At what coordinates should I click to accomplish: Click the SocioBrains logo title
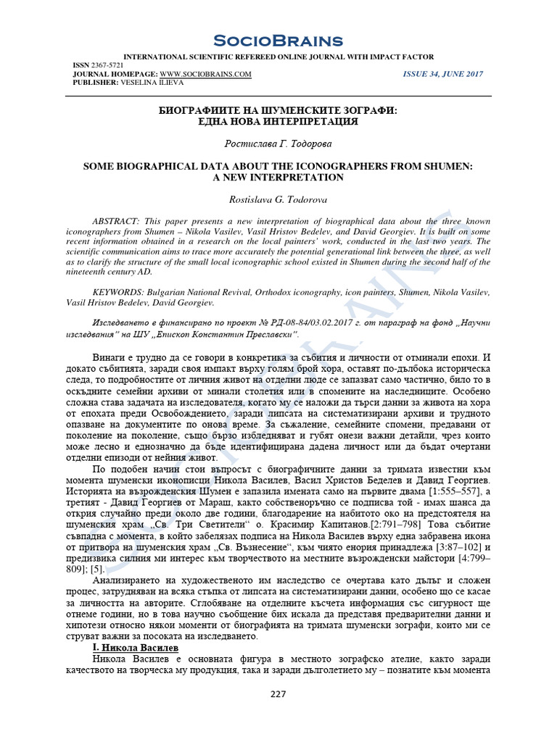click(x=278, y=41)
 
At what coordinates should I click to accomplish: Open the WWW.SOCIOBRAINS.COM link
click(x=205, y=74)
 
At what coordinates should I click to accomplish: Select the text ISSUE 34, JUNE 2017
click(x=442, y=74)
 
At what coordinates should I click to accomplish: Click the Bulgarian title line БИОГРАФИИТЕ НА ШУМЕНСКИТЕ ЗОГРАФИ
click(x=278, y=109)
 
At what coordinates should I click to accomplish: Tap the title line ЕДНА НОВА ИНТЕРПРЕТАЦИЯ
click(x=278, y=121)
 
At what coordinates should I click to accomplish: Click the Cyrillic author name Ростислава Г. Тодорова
click(x=278, y=144)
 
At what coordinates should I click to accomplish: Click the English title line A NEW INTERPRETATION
click(x=278, y=178)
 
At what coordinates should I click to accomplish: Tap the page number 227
click(x=278, y=693)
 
